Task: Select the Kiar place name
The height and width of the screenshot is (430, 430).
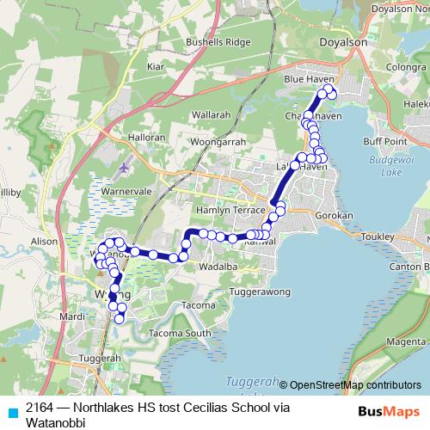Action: [156, 66]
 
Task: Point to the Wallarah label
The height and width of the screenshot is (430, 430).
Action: [211, 113]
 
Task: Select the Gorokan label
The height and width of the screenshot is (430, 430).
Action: [335, 215]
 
